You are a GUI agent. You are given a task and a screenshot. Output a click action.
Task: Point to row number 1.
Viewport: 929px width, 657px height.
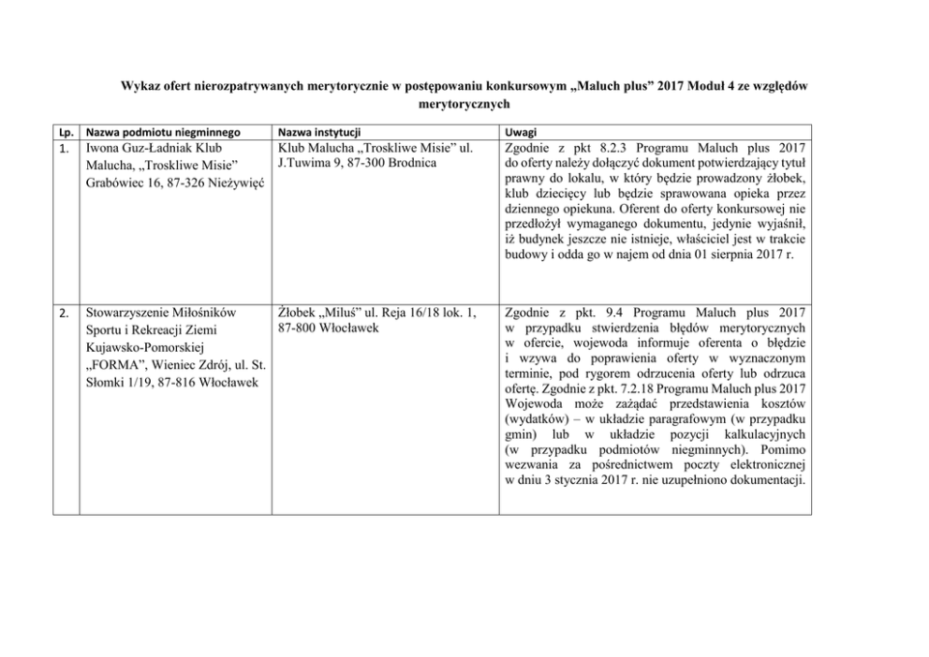63,149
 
